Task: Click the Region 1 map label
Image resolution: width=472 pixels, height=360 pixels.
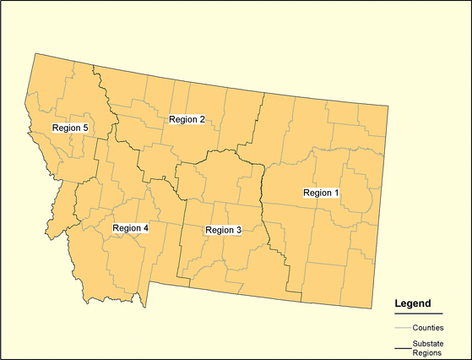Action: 321,193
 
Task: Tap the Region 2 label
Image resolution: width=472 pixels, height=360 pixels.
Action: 187,119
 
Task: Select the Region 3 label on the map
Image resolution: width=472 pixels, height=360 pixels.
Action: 223,230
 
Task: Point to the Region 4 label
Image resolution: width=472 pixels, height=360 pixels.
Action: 130,228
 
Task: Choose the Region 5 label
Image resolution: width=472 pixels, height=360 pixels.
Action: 70,128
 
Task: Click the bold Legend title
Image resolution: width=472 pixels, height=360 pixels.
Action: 413,303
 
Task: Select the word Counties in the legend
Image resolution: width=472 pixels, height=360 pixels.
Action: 429,327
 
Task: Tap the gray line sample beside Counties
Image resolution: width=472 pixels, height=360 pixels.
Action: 402,327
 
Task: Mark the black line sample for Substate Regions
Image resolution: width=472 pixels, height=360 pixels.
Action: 402,347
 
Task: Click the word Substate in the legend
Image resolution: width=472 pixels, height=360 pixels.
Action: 429,343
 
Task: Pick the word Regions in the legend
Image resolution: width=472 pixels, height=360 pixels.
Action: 427,352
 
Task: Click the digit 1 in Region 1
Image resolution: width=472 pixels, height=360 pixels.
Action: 336,193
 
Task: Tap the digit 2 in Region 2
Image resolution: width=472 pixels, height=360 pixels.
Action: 202,119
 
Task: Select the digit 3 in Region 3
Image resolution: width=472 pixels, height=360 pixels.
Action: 238,230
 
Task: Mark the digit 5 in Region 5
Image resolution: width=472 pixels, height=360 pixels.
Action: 85,128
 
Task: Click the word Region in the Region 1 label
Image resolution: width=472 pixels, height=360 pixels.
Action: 317,193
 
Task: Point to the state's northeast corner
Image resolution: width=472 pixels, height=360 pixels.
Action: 388,106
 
